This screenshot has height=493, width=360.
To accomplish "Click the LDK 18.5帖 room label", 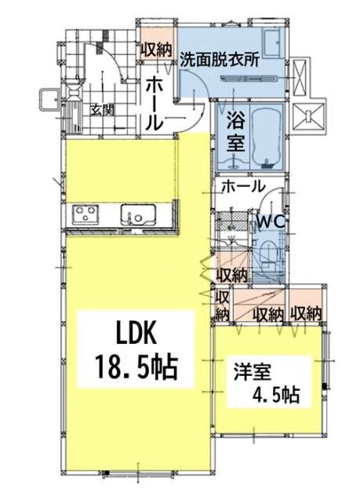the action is pyautogui.click(x=136, y=350).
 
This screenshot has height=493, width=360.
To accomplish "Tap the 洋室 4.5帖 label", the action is pyautogui.click(x=267, y=383).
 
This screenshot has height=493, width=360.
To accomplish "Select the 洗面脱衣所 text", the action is pyautogui.click(x=220, y=60).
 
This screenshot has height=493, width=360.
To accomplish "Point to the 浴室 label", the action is pyautogui.click(x=236, y=131).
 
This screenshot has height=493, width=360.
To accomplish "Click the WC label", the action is pyautogui.click(x=271, y=222).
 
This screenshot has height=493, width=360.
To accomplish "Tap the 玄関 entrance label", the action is pyautogui.click(x=102, y=110).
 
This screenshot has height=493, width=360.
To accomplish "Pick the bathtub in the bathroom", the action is pyautogui.click(x=267, y=137).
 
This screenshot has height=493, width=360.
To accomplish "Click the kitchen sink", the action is pyautogui.click(x=139, y=214).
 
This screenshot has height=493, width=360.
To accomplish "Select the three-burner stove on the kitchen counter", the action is pyautogui.click(x=85, y=214).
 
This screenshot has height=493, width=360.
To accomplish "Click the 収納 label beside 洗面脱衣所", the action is pyautogui.click(x=156, y=50).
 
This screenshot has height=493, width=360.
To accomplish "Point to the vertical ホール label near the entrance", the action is pyautogui.click(x=155, y=104).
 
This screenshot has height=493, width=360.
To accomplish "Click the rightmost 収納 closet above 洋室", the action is pyautogui.click(x=306, y=313).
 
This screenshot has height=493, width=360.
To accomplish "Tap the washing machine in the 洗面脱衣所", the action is pyautogui.click(x=273, y=42).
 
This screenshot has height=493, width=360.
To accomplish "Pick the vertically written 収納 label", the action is pyautogui.click(x=223, y=305).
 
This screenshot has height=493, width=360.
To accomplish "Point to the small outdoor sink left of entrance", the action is pyautogui.click(x=49, y=99).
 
